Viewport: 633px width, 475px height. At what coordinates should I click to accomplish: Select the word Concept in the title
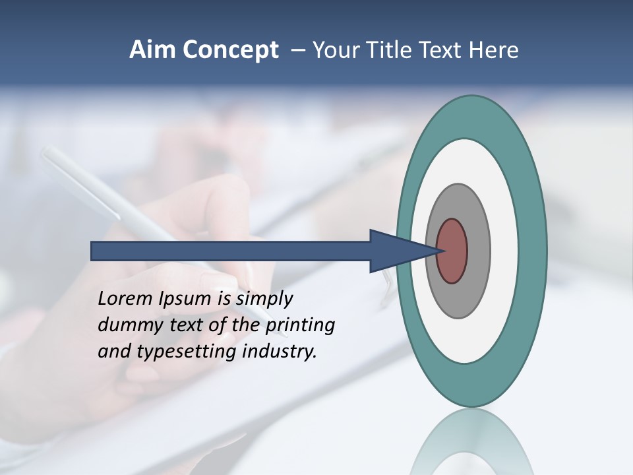231,50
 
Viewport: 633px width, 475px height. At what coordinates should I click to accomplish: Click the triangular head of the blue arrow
396,251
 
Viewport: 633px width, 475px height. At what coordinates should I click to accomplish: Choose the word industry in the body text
280,352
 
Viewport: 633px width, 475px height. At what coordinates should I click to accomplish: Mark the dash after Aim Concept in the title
298,51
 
